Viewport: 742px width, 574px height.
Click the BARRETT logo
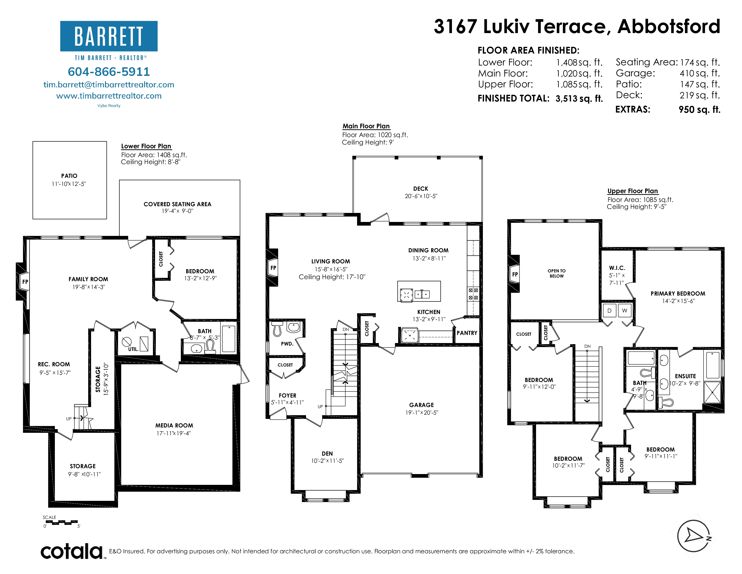click(x=109, y=36)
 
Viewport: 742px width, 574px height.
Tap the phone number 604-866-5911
click(x=109, y=72)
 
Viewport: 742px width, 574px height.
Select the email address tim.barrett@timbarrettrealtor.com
click(x=109, y=85)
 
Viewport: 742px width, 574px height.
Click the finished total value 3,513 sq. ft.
click(x=579, y=99)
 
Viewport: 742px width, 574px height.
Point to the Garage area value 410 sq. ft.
click(x=700, y=73)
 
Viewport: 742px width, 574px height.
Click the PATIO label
click(x=69, y=176)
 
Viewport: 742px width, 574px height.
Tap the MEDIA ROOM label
click(x=174, y=425)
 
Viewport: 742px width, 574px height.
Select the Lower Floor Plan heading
click(x=146, y=146)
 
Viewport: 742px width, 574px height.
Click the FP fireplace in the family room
click(x=25, y=282)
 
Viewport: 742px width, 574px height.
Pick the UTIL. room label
click(x=133, y=349)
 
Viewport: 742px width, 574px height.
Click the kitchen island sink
click(x=422, y=294)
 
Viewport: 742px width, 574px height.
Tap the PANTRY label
click(x=467, y=333)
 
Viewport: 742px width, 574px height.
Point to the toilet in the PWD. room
click(x=277, y=328)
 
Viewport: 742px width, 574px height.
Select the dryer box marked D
click(x=610, y=310)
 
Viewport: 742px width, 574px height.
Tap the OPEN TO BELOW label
click(x=556, y=273)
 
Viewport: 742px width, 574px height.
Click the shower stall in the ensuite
click(x=712, y=392)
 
